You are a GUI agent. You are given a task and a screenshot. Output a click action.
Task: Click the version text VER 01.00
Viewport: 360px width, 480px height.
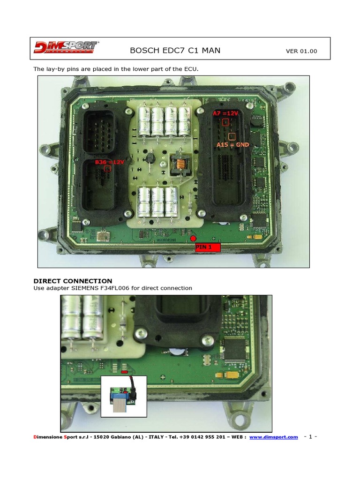pos(301,51)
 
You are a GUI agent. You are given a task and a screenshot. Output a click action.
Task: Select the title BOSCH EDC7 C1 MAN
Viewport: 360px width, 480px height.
pos(175,50)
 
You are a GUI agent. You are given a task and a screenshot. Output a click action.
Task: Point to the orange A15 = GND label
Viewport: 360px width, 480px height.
pos(232,145)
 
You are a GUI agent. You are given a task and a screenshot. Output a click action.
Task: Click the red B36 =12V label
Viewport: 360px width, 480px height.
pos(110,162)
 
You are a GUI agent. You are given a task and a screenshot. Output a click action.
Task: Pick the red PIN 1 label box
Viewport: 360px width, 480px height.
pos(207,247)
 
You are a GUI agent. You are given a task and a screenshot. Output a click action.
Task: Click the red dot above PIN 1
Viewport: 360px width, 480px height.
pos(193,239)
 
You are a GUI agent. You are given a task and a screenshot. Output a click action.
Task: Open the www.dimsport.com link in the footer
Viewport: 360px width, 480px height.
pos(273,437)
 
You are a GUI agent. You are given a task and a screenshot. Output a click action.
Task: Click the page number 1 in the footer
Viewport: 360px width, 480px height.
pos(311,437)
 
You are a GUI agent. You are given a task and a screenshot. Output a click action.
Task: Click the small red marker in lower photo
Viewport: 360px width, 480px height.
pos(124,372)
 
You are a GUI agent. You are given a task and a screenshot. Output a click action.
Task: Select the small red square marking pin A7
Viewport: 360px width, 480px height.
pos(225,122)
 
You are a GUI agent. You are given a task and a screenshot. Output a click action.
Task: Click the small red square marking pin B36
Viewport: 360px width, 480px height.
pos(107,168)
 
